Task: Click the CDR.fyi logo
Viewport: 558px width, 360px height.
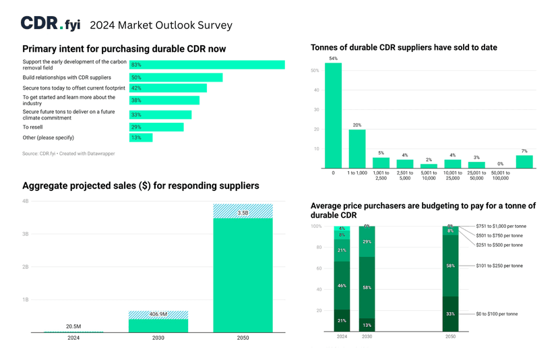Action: coord(51,24)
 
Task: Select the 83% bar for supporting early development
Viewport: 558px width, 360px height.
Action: coord(207,65)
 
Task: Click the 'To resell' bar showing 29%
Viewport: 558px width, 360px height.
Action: coord(156,127)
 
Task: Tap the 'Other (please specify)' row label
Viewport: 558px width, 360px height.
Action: coord(48,138)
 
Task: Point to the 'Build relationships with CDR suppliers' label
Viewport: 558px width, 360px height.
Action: coord(67,78)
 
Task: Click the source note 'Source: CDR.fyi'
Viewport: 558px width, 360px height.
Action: coord(68,154)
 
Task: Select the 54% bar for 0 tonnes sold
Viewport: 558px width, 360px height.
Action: coord(333,115)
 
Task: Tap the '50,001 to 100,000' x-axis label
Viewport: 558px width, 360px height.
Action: coord(500,175)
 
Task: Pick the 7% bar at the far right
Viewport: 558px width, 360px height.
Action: coord(524,162)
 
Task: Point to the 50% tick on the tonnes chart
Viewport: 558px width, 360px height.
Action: coord(315,70)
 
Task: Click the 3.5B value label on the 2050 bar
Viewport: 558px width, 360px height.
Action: coord(243,213)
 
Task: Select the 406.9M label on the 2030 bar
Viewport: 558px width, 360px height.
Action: coord(158,314)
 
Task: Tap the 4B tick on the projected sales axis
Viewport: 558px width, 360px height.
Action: coord(26,201)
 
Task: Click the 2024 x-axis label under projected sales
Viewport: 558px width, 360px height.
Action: coord(73,338)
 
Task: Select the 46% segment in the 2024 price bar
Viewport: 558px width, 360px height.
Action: coord(342,285)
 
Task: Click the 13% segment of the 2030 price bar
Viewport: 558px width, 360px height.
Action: coord(367,325)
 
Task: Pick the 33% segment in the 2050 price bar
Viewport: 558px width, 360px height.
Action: coord(450,313)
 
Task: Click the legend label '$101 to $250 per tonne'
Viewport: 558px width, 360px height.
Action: coord(499,266)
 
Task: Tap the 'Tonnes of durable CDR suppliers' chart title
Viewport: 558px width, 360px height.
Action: coord(404,48)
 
